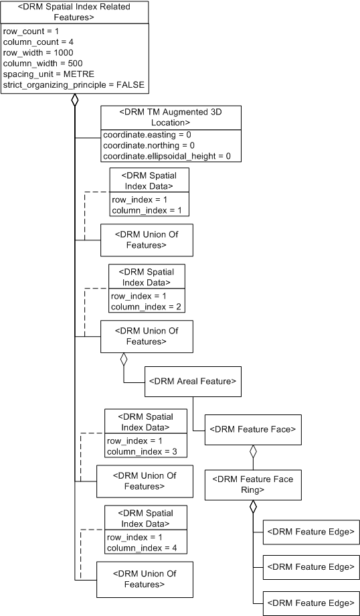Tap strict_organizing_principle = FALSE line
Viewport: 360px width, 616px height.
[x=73, y=84]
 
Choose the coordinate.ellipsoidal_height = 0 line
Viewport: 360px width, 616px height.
[x=167, y=156]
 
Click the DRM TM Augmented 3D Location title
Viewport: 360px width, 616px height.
[x=170, y=117]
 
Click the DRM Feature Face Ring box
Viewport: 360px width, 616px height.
[x=253, y=484]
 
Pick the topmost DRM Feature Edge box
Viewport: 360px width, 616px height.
[x=310, y=531]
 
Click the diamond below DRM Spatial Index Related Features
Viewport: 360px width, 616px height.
[x=75, y=102]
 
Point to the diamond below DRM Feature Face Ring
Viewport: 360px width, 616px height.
[x=253, y=508]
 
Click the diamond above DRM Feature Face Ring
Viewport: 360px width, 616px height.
[x=253, y=453]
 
